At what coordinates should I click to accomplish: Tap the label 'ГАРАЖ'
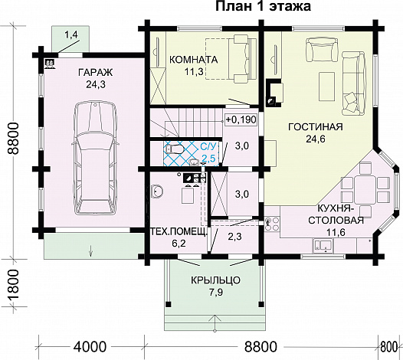pos(93,73)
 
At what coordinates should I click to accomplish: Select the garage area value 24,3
pos(93,85)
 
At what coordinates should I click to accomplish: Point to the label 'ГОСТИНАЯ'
pos(315,126)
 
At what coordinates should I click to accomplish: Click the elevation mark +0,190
pos(240,119)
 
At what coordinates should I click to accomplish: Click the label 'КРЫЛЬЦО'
pos(216,280)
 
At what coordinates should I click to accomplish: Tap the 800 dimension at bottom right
pos(391,346)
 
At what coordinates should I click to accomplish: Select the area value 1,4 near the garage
pos(71,35)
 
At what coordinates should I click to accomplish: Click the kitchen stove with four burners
pos(271,224)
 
